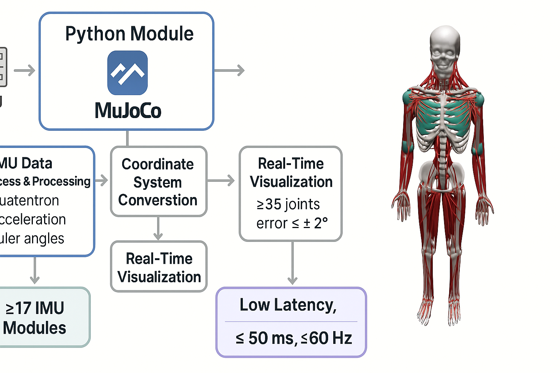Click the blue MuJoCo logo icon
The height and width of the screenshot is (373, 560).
point(127,72)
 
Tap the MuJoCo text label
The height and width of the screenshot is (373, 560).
point(128,110)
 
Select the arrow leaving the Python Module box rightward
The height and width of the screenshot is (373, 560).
point(229,70)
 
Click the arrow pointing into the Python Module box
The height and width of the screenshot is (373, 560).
point(24,70)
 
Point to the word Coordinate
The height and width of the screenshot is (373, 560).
point(157,164)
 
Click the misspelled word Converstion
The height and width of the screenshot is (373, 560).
point(157,200)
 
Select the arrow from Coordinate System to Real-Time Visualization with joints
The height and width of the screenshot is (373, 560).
point(221,180)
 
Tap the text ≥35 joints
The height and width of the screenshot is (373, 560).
point(288,204)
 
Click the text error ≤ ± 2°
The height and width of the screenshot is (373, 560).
point(292,223)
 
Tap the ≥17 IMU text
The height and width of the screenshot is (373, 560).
point(35,308)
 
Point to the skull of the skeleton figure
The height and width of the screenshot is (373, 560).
point(444,51)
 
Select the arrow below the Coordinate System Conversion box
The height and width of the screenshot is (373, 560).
point(158,228)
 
